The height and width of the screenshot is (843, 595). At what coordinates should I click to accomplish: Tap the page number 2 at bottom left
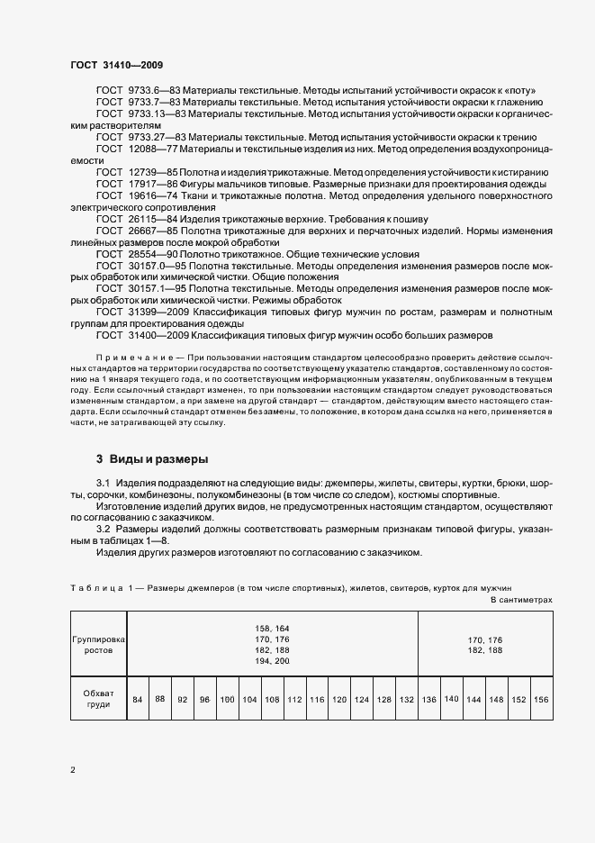(73, 769)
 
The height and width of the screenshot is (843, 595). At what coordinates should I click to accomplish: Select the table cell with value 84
(137, 699)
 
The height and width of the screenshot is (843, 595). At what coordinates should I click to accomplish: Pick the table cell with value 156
(542, 699)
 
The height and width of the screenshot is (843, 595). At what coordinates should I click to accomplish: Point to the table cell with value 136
(429, 699)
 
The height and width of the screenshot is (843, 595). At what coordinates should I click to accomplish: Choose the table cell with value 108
(272, 699)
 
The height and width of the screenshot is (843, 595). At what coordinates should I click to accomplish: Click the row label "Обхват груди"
(97, 699)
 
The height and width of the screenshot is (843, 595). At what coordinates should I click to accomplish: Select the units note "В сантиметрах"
(521, 599)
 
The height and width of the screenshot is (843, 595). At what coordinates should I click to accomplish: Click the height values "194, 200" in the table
(271, 660)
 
